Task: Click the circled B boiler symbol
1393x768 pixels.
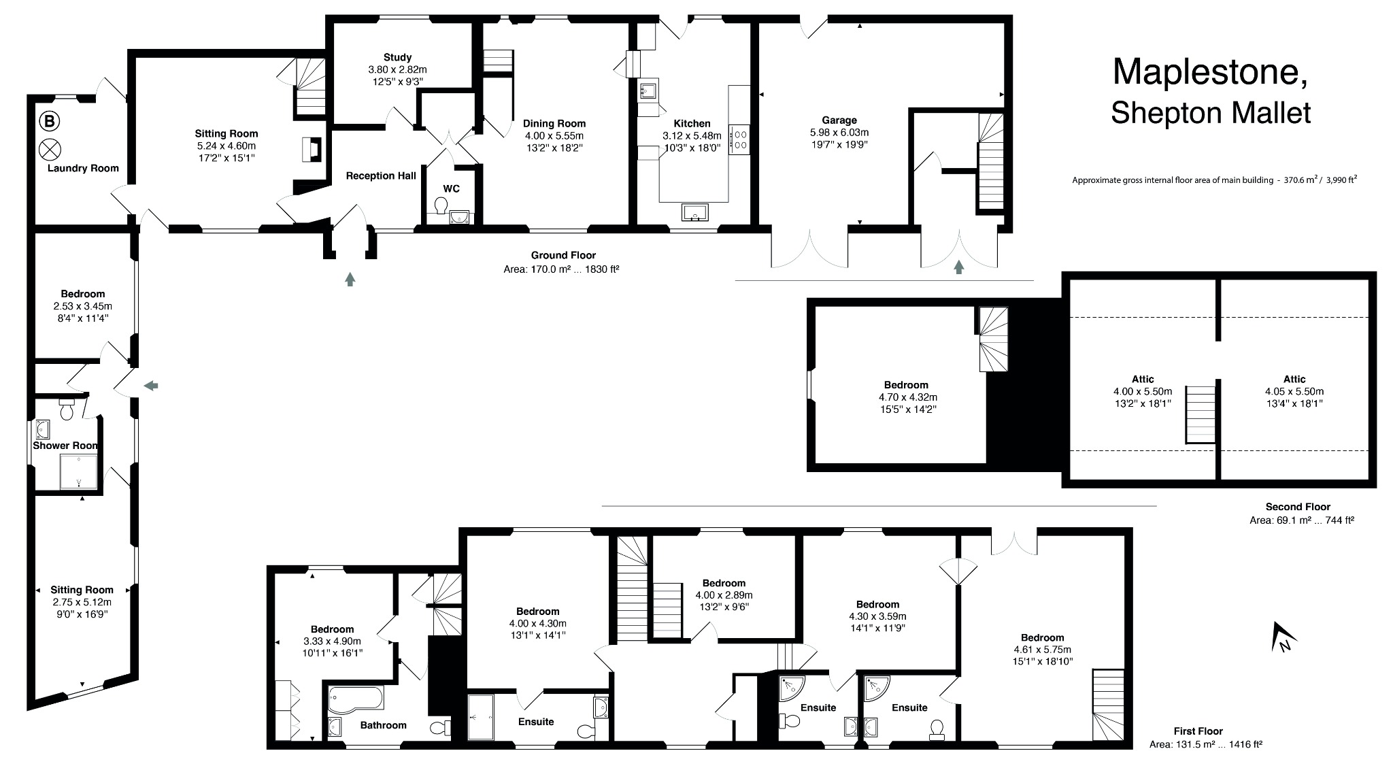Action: (49, 122)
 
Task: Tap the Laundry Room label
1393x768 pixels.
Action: (83, 168)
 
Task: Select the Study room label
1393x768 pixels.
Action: (397, 57)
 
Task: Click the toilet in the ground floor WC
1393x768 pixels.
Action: (440, 205)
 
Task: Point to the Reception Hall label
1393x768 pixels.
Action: (381, 176)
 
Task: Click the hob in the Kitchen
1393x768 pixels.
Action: (739, 139)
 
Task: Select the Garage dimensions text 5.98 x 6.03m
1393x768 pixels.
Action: (839, 133)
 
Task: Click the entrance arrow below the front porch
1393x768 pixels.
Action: (350, 278)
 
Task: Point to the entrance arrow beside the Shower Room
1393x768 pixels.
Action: (151, 386)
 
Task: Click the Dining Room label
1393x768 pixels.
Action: (554, 123)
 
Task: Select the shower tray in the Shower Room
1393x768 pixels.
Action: (80, 471)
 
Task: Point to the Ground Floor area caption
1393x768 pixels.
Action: (563, 262)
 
